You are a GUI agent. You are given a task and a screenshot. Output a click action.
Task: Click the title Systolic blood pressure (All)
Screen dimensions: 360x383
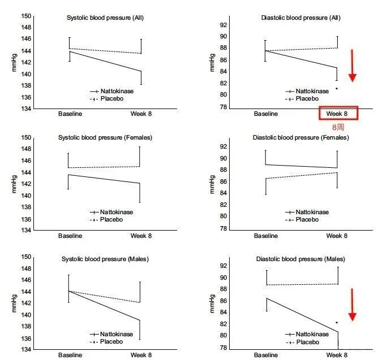pyautogui.click(x=105, y=18)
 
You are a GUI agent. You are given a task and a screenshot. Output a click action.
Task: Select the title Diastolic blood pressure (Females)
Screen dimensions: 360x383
pyautogui.click(x=304, y=137)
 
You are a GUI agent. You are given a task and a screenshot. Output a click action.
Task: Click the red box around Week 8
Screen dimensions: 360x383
pyautogui.click(x=338, y=114)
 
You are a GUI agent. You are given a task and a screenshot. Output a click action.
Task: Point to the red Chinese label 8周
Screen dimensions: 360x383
pyautogui.click(x=338, y=128)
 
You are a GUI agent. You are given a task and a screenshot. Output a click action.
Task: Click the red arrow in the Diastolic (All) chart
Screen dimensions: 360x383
pyautogui.click(x=352, y=66)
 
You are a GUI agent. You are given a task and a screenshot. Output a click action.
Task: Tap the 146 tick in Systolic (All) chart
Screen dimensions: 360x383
pyautogui.click(x=26, y=39)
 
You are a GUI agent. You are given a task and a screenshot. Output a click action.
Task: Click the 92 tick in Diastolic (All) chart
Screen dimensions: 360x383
pyautogui.click(x=223, y=25)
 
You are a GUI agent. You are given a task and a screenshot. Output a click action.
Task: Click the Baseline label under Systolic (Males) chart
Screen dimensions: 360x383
pyautogui.click(x=70, y=355)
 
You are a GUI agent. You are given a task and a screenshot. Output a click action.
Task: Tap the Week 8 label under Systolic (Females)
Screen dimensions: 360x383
pyautogui.click(x=140, y=236)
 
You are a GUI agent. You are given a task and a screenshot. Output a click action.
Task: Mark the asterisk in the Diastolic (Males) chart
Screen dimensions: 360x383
pyautogui.click(x=337, y=323)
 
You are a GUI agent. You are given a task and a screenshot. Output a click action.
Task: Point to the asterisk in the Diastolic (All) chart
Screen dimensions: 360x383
pyautogui.click(x=337, y=89)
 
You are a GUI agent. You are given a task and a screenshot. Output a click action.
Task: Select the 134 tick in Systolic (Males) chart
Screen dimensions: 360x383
pyautogui.click(x=26, y=350)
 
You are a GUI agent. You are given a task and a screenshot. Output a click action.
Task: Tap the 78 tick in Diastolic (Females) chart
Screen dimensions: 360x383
pyautogui.click(x=223, y=229)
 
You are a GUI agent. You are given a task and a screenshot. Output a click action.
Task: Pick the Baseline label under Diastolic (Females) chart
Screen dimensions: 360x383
pyautogui.click(x=266, y=236)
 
